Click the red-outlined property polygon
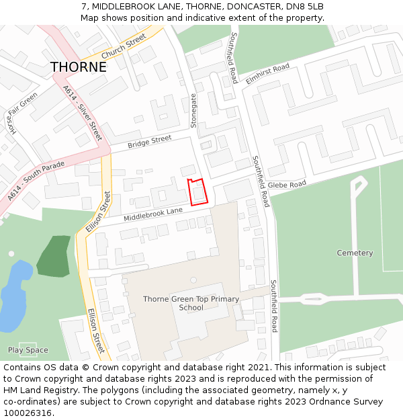(197, 192)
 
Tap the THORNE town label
(79, 67)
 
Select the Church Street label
(123, 46)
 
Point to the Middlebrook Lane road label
(153, 214)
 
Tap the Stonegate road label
(194, 110)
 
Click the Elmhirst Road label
(267, 73)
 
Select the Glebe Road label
(287, 184)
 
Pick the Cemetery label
(355, 253)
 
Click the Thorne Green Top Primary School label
(191, 303)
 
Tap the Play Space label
(28, 350)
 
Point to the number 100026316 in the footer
(29, 413)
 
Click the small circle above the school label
(193, 280)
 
